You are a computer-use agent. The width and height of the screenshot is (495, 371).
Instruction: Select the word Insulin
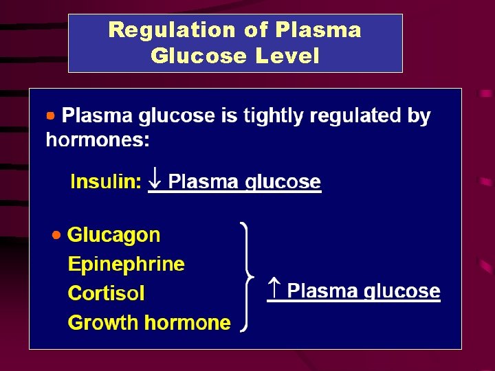tap(105, 182)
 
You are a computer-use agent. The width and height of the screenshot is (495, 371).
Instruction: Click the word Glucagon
tap(113, 236)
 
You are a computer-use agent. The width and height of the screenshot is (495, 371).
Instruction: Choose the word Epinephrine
tap(126, 265)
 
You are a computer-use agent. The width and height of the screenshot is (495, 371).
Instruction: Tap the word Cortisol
tap(106, 294)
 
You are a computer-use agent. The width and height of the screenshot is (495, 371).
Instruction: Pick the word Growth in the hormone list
tap(100, 323)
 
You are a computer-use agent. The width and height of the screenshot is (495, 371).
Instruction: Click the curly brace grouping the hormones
tap(248, 277)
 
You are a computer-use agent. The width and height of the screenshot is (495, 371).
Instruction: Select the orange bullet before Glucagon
tap(56, 236)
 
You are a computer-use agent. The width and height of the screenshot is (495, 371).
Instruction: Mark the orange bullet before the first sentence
tap(50, 115)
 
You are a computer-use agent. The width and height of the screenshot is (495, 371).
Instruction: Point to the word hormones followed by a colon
tap(97, 140)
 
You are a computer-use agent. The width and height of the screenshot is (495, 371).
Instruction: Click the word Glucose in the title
tap(199, 56)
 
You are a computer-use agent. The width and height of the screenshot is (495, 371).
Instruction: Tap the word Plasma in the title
tap(318, 30)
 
